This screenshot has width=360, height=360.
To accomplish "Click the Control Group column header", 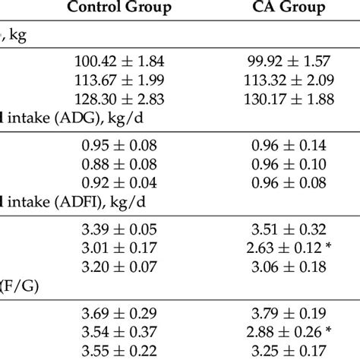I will tap(120, 10).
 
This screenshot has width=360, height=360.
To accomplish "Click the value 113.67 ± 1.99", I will tap(120, 80).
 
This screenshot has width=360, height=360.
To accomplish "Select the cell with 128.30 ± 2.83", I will tap(120, 99).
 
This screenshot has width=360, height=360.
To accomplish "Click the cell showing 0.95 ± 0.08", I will tap(120, 144).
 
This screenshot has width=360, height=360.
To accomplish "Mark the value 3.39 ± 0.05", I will tap(120, 227).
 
